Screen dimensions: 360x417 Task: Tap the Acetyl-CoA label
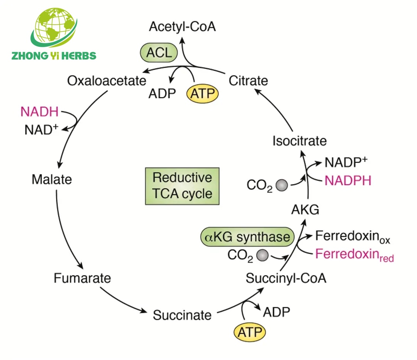[x=182, y=27]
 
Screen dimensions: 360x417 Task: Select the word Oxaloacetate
[x=107, y=81]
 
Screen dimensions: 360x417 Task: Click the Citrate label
[x=248, y=81]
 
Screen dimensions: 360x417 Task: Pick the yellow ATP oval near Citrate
[x=203, y=94]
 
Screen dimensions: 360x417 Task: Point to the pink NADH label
[x=40, y=112]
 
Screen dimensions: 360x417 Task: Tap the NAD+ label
[x=41, y=130]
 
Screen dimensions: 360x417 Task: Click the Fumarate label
[x=82, y=278]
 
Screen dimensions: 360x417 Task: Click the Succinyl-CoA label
[x=286, y=278]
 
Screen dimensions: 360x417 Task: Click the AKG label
[x=305, y=210]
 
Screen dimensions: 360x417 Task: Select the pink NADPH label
[x=347, y=181]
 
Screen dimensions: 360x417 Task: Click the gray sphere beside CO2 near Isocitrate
[x=282, y=186]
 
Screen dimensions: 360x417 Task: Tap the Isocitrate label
[x=299, y=141]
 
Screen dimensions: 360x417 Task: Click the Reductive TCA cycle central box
[x=182, y=186]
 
